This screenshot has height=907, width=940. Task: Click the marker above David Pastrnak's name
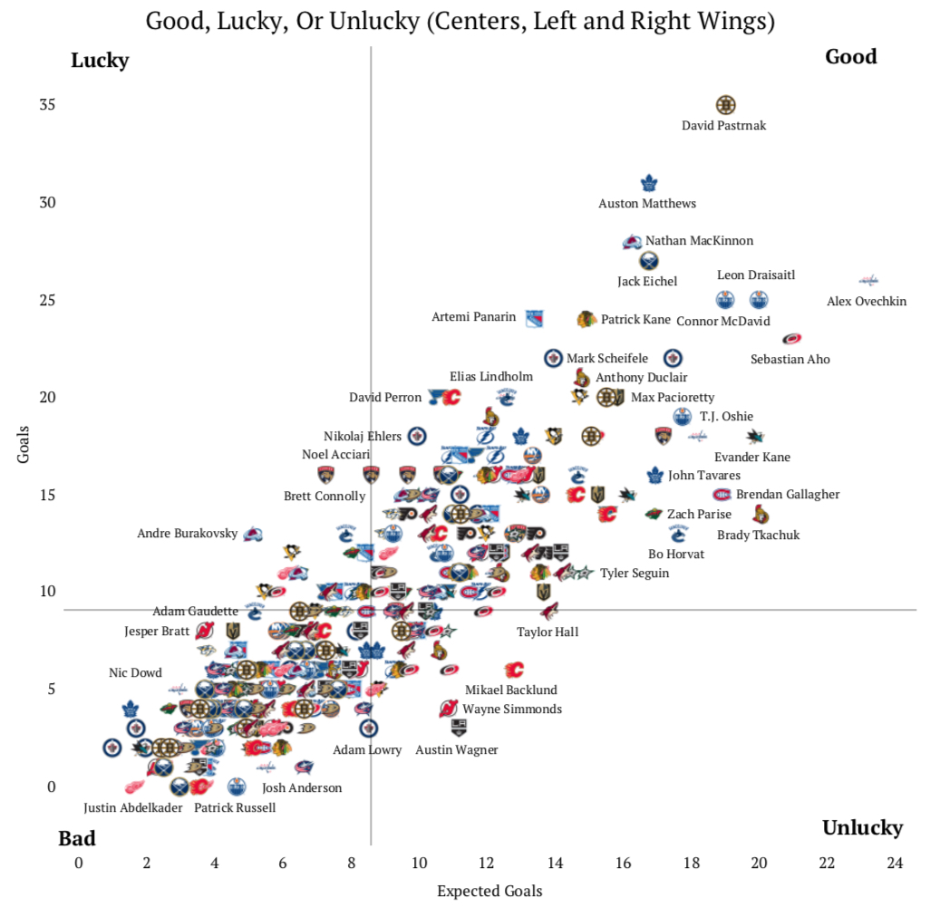click(725, 105)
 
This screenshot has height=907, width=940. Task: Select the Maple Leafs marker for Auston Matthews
click(649, 184)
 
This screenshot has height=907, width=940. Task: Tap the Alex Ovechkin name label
click(866, 302)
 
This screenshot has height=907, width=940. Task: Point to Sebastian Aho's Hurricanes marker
click(791, 339)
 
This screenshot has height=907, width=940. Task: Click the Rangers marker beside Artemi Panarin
click(534, 318)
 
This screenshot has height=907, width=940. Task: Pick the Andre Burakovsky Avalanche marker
click(253, 534)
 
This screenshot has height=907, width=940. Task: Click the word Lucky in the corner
click(100, 61)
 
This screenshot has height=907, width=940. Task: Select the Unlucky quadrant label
click(862, 827)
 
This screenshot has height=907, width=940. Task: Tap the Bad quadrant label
click(77, 838)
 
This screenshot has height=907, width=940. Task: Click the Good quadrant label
click(850, 56)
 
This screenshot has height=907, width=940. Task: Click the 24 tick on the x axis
click(895, 863)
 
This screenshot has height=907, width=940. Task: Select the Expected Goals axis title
click(489, 891)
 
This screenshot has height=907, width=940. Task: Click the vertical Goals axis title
click(24, 443)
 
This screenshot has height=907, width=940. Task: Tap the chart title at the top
click(460, 21)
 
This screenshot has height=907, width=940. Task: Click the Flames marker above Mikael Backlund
click(514, 671)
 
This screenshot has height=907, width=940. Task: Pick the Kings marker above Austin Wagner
click(459, 728)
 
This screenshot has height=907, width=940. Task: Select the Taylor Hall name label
click(548, 632)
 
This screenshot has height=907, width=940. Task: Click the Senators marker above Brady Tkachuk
click(761, 515)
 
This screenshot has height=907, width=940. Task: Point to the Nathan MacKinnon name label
click(699, 241)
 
